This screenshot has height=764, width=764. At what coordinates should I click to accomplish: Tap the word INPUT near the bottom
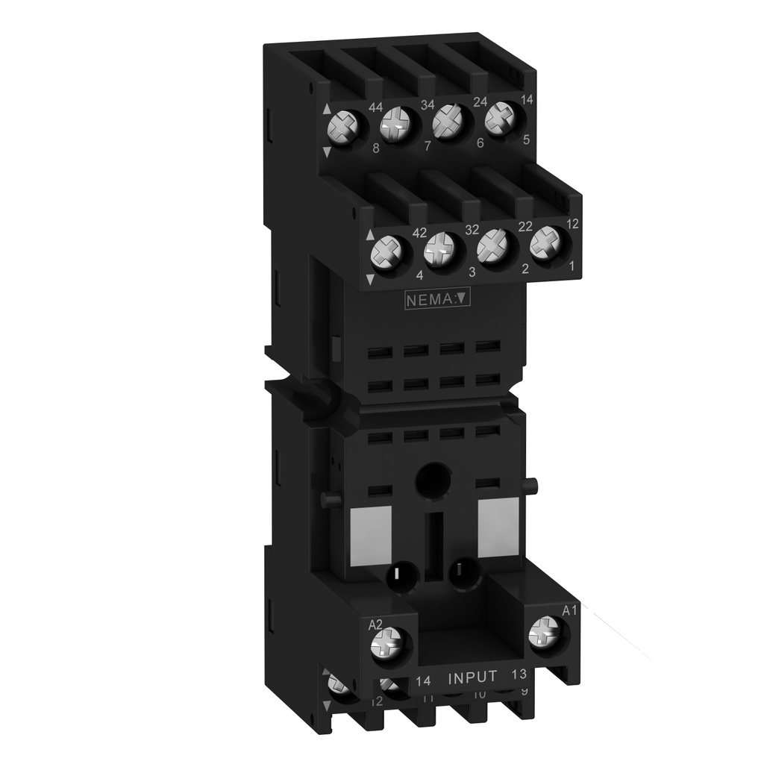tap(472, 677)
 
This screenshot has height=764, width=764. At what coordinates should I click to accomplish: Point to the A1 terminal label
tap(569, 611)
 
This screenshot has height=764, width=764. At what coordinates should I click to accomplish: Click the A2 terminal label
tap(376, 624)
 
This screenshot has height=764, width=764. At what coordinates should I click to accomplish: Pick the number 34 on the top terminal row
tap(428, 104)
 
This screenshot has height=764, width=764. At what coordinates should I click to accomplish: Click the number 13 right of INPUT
tap(519, 676)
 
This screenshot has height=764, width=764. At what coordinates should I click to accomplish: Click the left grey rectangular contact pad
tap(371, 532)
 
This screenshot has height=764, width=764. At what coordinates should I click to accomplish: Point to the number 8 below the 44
tap(376, 148)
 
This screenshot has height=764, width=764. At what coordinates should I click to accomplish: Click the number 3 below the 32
tap(472, 272)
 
